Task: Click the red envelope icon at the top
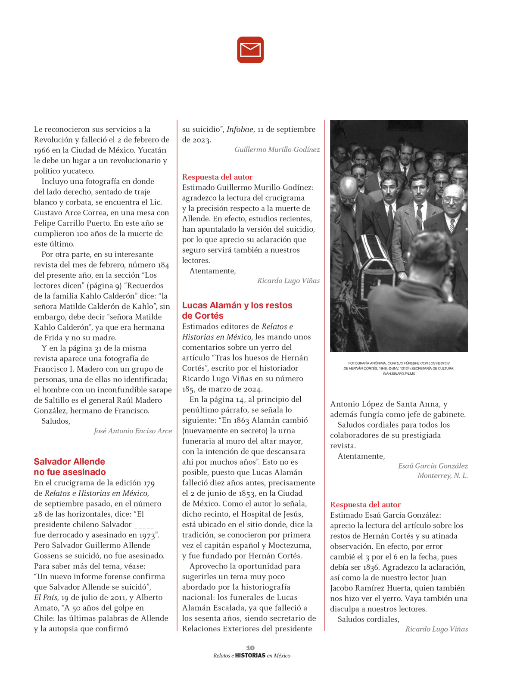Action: click(x=250, y=50)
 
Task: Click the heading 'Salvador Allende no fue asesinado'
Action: click(x=70, y=467)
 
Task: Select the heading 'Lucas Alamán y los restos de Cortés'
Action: click(x=237, y=310)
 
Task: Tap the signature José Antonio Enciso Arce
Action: click(x=133, y=431)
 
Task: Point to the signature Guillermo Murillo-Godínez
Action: click(x=277, y=150)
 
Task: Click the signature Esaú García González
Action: click(x=433, y=466)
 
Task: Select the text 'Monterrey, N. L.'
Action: click(x=442, y=476)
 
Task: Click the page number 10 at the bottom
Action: click(x=250, y=648)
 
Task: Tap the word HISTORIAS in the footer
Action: click(x=250, y=655)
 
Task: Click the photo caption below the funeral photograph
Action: click(x=399, y=368)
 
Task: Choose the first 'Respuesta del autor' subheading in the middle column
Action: click(x=217, y=177)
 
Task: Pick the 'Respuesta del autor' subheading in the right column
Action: click(x=365, y=505)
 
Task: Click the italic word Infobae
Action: click(x=240, y=130)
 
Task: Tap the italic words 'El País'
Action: click(x=46, y=598)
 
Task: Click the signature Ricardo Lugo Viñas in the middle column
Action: click(x=289, y=281)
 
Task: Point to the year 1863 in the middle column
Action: click(x=239, y=420)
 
